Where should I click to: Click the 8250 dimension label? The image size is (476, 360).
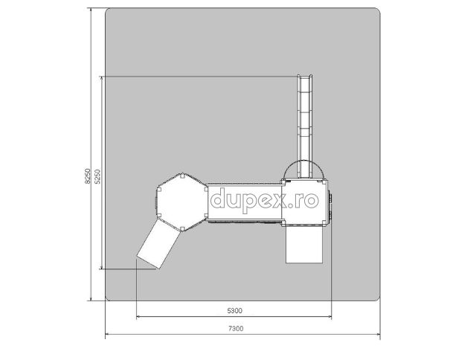click(x=88, y=176)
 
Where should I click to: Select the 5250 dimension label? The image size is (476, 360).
click(x=97, y=176)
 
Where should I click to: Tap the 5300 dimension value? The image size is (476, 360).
click(x=235, y=310)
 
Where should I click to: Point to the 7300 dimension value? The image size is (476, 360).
click(x=236, y=328)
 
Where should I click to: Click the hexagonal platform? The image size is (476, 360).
click(x=181, y=202)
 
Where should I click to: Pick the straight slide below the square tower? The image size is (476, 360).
click(x=304, y=245)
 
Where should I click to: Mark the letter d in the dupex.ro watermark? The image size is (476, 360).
click(x=218, y=198)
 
